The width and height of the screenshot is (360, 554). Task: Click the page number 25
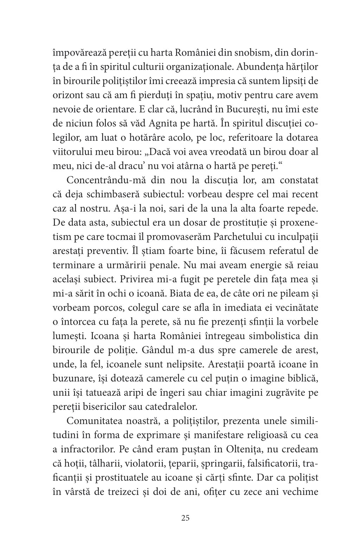pyautogui.click(x=186, y=517)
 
